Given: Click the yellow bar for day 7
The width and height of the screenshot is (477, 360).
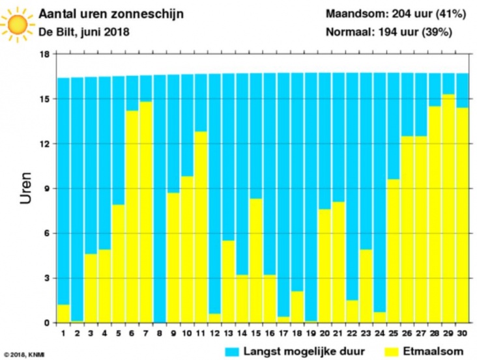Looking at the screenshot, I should (x=146, y=212).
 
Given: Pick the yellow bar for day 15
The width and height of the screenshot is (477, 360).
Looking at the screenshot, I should (x=256, y=260).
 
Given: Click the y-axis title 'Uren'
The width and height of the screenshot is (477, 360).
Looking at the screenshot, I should (x=25, y=189).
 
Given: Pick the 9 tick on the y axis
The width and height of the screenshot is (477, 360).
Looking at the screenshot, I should (x=47, y=189).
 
